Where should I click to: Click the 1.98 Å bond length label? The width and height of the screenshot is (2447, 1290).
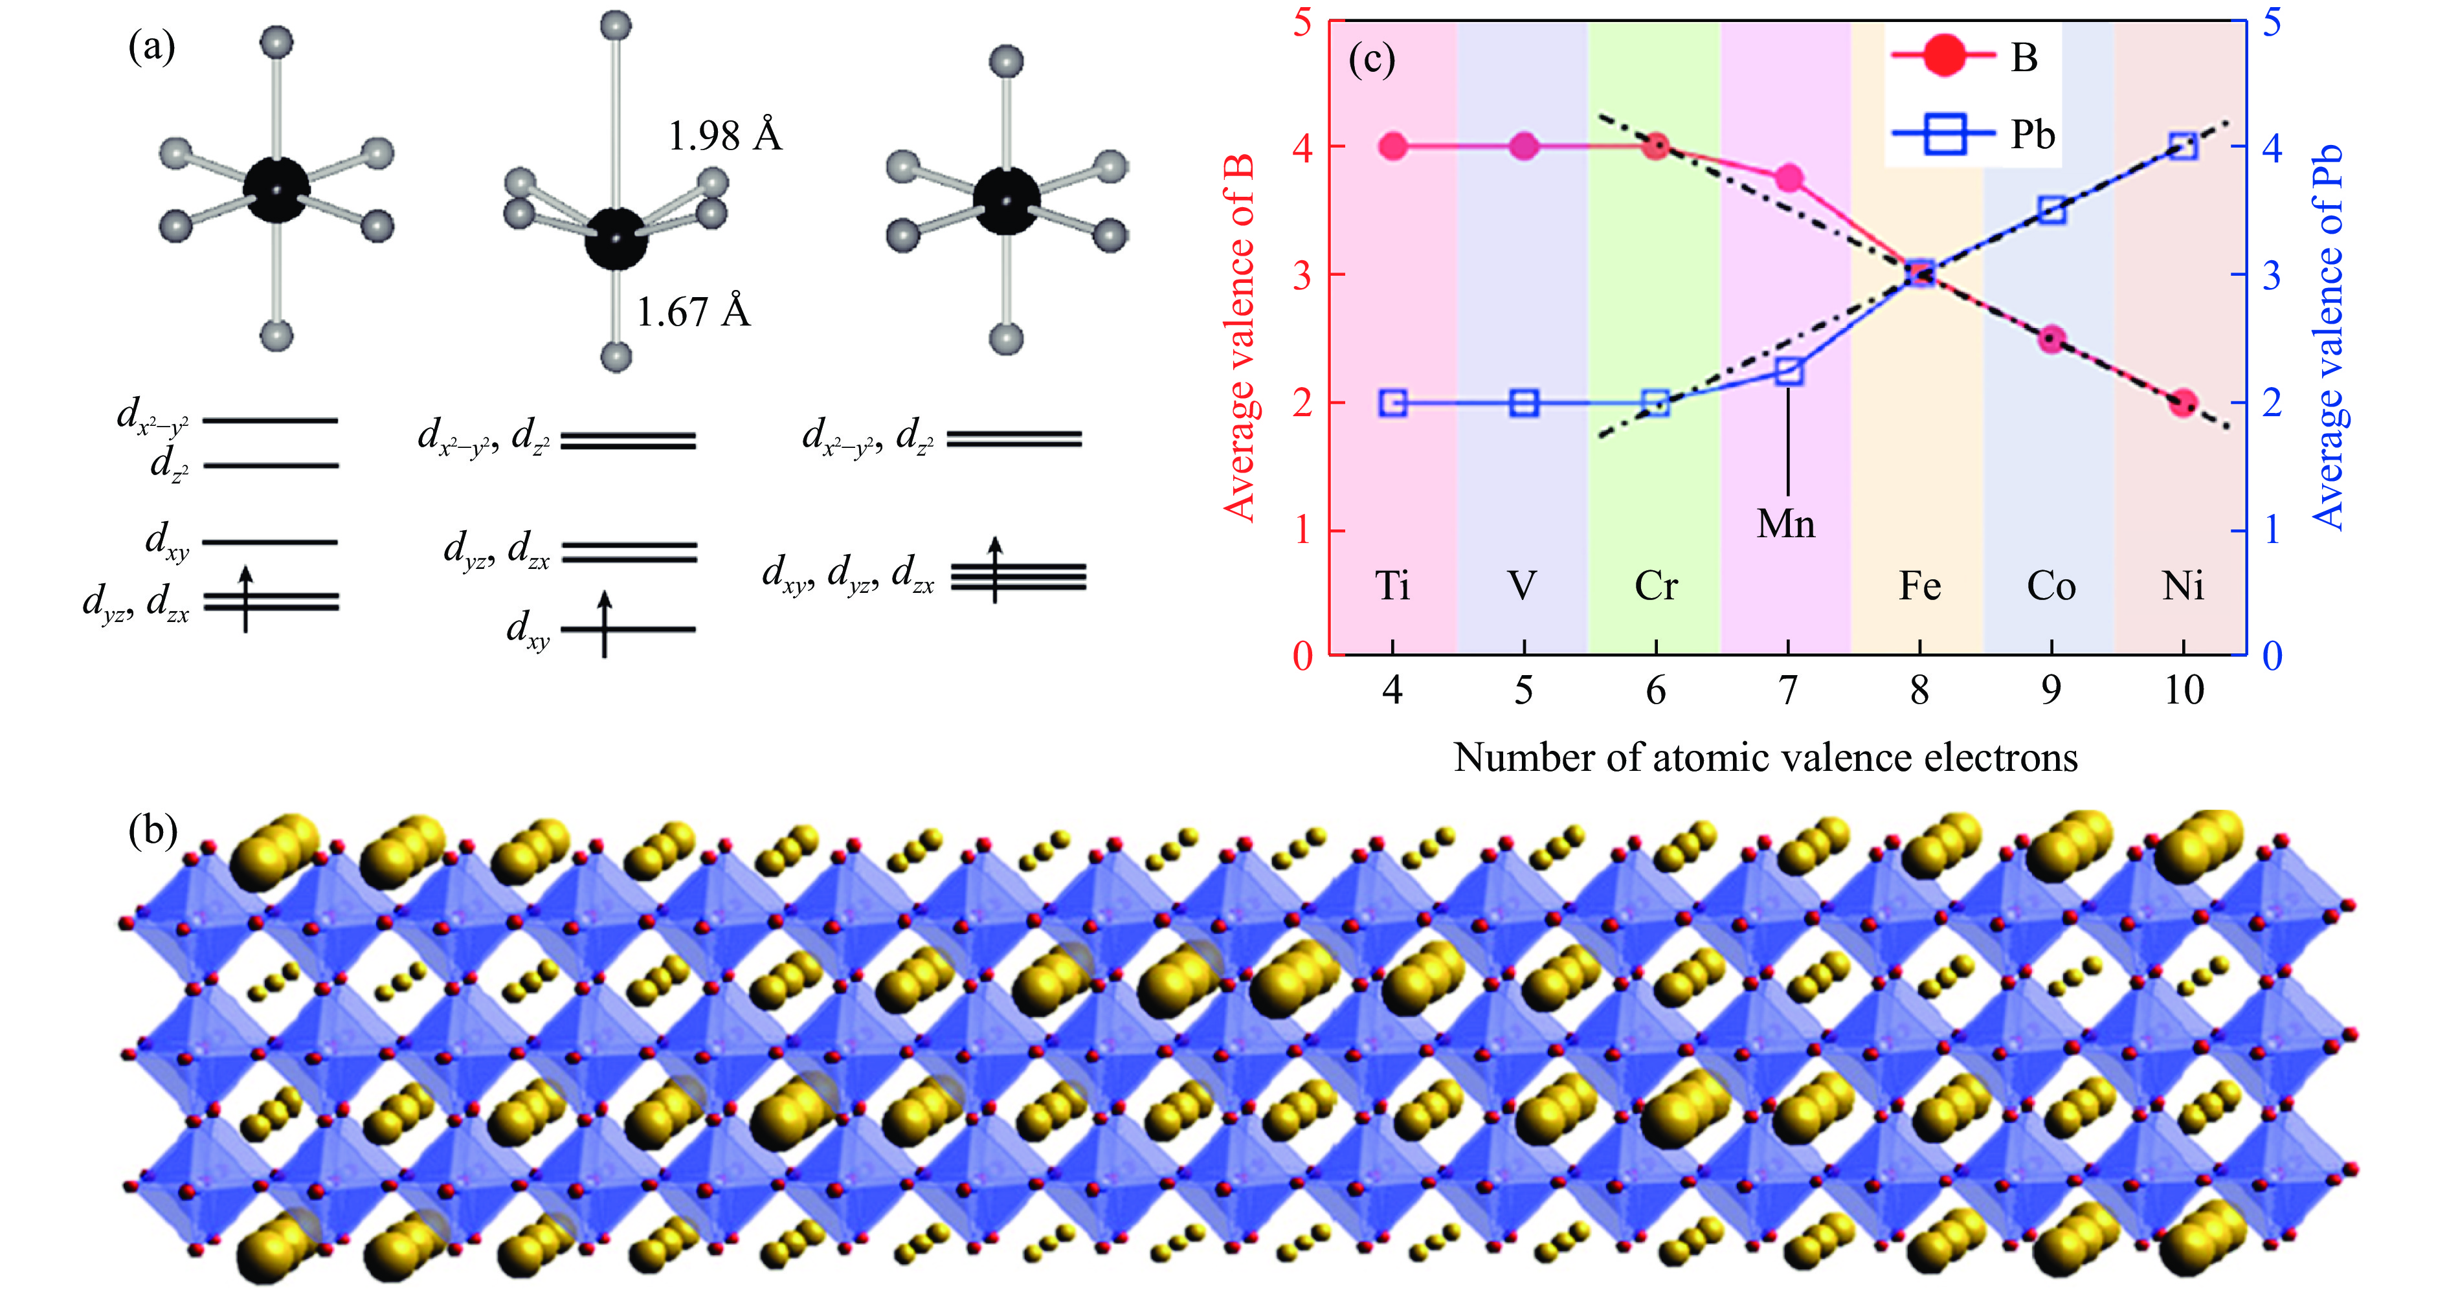point(725,137)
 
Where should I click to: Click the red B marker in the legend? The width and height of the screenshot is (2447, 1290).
point(1943,57)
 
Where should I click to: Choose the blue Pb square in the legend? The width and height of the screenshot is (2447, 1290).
point(1943,135)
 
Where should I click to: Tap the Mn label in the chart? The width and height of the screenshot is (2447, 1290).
point(1786,524)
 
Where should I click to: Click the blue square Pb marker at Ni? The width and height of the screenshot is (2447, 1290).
point(2183,146)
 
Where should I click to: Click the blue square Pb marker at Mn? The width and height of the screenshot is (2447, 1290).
point(1789,372)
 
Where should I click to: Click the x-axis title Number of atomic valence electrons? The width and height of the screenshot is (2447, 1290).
point(1765,758)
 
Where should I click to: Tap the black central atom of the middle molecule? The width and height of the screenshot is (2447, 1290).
point(616,239)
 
